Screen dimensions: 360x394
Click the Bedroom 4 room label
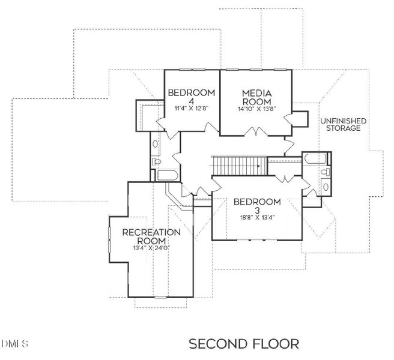[x=191, y=97]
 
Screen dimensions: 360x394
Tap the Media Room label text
[x=257, y=97]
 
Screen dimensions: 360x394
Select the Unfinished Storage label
[x=343, y=124]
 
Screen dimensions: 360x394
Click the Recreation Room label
[x=151, y=236]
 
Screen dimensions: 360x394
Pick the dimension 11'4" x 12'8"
[x=191, y=109]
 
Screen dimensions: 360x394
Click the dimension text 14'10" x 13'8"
[x=257, y=109]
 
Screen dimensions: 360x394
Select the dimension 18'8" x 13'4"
[x=257, y=218]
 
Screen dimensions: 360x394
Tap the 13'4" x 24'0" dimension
[x=151, y=247]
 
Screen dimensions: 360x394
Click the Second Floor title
[x=243, y=344]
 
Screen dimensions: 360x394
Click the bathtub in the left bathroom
[x=166, y=175]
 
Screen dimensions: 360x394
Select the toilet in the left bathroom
[x=157, y=161]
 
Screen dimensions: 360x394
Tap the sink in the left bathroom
[x=156, y=144]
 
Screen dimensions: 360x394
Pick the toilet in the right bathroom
[x=325, y=173]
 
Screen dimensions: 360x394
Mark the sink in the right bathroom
[x=326, y=187]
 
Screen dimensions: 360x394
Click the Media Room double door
[x=256, y=132]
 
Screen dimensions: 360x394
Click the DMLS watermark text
[x=16, y=344]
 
